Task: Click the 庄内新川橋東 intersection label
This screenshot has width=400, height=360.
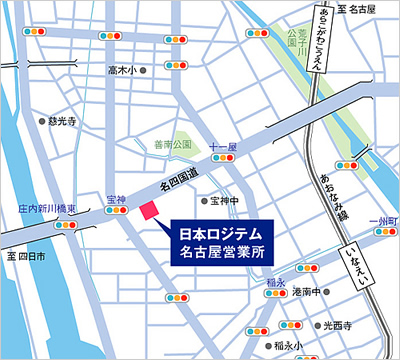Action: point(48,210)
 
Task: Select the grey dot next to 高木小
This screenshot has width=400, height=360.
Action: point(143,71)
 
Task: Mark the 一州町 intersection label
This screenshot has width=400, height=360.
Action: point(382,220)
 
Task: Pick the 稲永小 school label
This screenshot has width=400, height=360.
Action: point(286,346)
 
